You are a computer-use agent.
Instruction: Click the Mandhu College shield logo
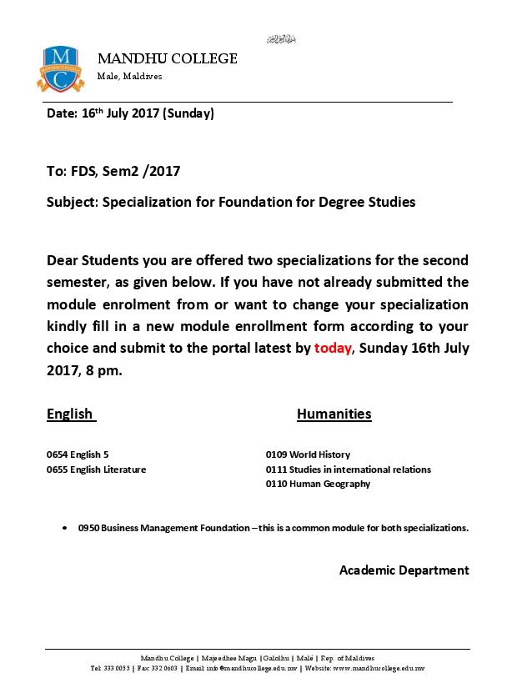(60, 68)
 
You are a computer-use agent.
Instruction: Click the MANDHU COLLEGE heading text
(168, 58)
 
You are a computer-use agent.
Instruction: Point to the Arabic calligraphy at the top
(281, 39)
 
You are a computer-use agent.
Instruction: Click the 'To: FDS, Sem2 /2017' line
(113, 172)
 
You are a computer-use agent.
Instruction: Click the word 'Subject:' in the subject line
(73, 202)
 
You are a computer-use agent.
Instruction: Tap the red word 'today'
(333, 349)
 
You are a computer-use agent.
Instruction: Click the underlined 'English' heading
(70, 414)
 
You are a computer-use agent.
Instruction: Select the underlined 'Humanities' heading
(334, 414)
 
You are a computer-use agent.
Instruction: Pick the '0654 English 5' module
(78, 454)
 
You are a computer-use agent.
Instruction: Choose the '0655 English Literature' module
(96, 470)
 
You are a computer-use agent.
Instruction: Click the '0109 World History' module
(308, 454)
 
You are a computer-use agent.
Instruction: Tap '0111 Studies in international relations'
(349, 470)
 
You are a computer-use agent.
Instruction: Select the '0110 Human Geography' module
(318, 484)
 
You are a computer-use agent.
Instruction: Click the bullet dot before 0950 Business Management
(65, 528)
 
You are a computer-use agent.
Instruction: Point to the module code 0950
(88, 528)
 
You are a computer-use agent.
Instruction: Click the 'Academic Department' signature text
(404, 570)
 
